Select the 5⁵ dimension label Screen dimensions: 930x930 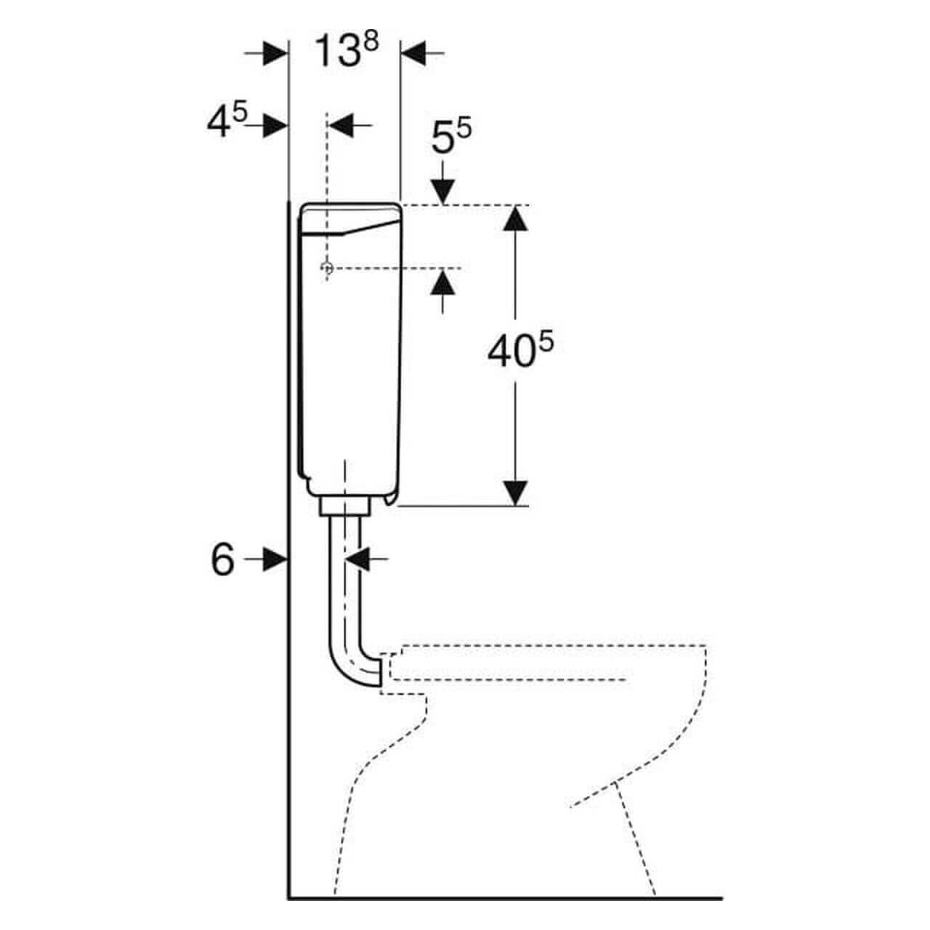click(451, 137)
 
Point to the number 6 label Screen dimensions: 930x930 click(223, 560)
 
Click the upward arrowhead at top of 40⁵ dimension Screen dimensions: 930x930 click(515, 218)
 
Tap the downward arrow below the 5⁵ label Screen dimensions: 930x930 click(442, 192)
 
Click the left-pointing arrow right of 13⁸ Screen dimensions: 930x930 click(413, 53)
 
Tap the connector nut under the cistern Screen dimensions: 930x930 click(346, 506)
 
